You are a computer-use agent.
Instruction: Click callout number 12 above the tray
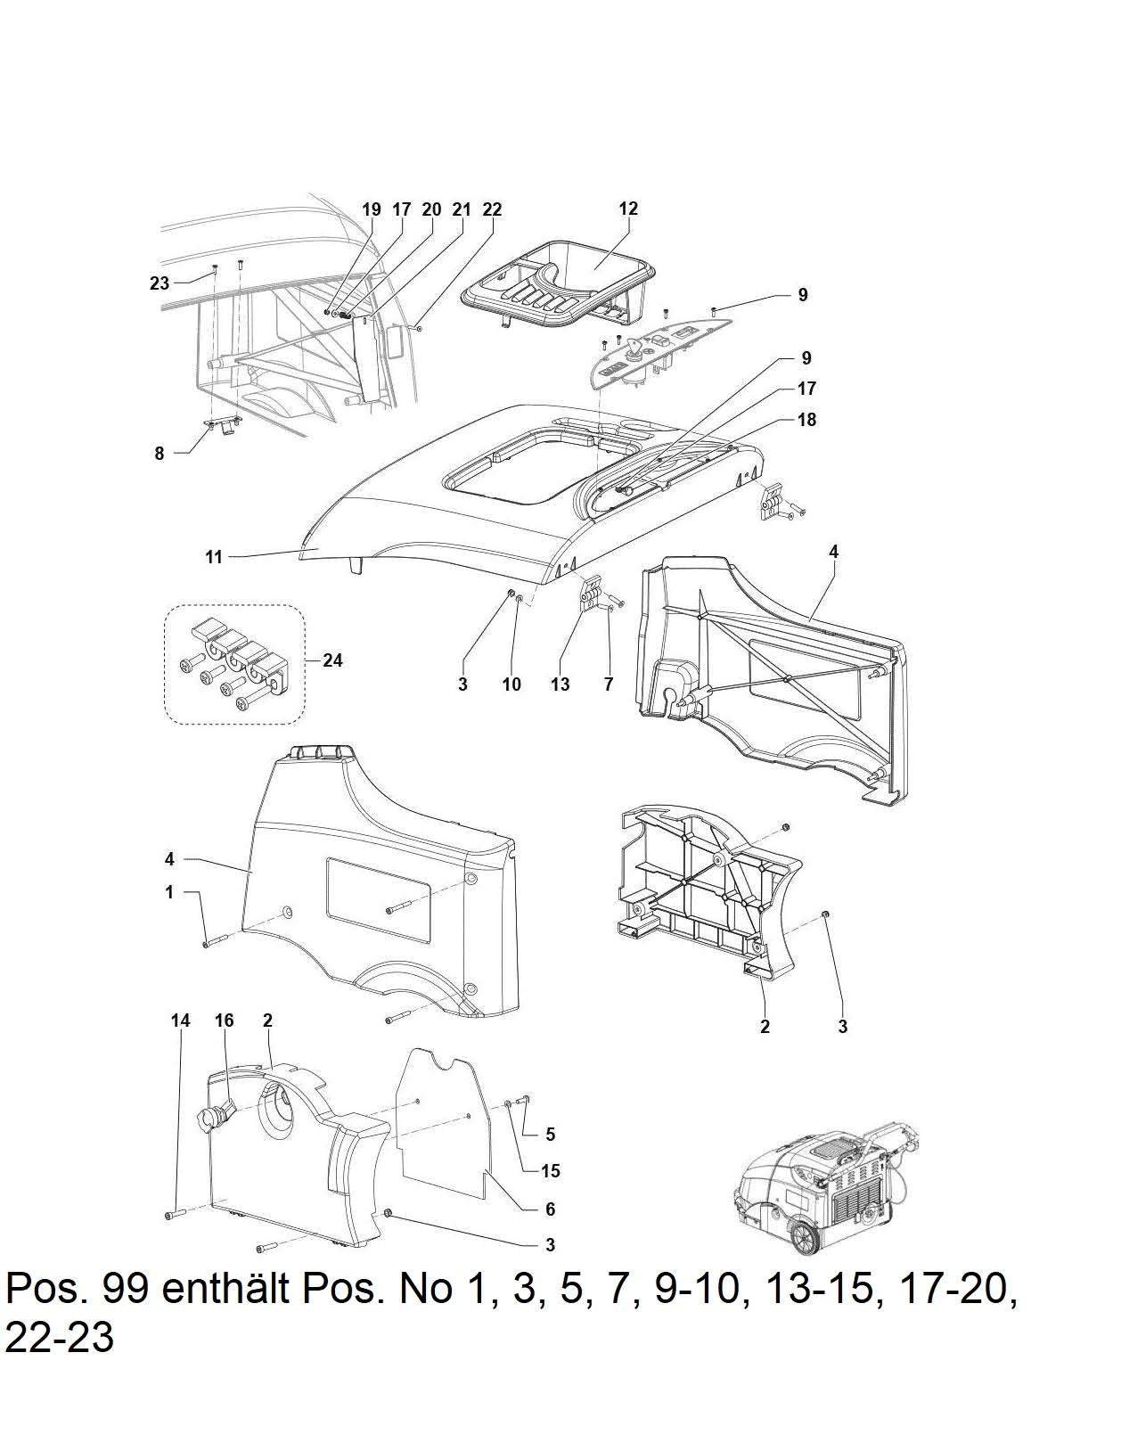[628, 209]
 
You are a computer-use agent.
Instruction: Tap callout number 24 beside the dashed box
[332, 660]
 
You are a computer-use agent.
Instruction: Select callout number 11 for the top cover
[214, 557]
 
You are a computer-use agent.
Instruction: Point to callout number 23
[159, 283]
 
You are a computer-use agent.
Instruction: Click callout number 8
[159, 454]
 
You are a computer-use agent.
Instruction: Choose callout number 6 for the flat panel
[550, 1209]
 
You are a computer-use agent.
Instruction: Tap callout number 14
[180, 1021]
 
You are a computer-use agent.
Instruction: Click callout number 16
[225, 1021]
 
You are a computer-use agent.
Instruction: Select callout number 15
[550, 1170]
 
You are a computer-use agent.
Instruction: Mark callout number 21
[462, 209]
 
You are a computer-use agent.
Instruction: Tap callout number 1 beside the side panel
[169, 892]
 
